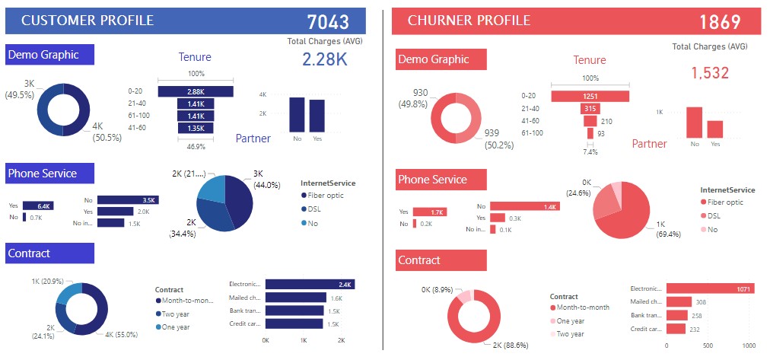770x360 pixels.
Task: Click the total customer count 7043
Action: pyautogui.click(x=329, y=22)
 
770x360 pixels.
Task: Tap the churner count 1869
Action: pyautogui.click(x=719, y=22)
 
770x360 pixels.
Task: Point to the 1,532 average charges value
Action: pyautogui.click(x=710, y=73)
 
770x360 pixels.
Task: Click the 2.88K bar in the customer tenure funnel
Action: pyautogui.click(x=196, y=91)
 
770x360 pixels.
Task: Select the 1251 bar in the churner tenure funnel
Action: pyautogui.click(x=590, y=96)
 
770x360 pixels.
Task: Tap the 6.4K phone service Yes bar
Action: pyautogui.click(x=37, y=205)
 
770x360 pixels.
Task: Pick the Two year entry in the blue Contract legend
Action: pyautogui.click(x=176, y=314)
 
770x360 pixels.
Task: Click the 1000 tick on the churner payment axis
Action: pyautogui.click(x=749, y=345)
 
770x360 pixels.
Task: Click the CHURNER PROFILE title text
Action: pyautogui.click(x=469, y=21)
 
